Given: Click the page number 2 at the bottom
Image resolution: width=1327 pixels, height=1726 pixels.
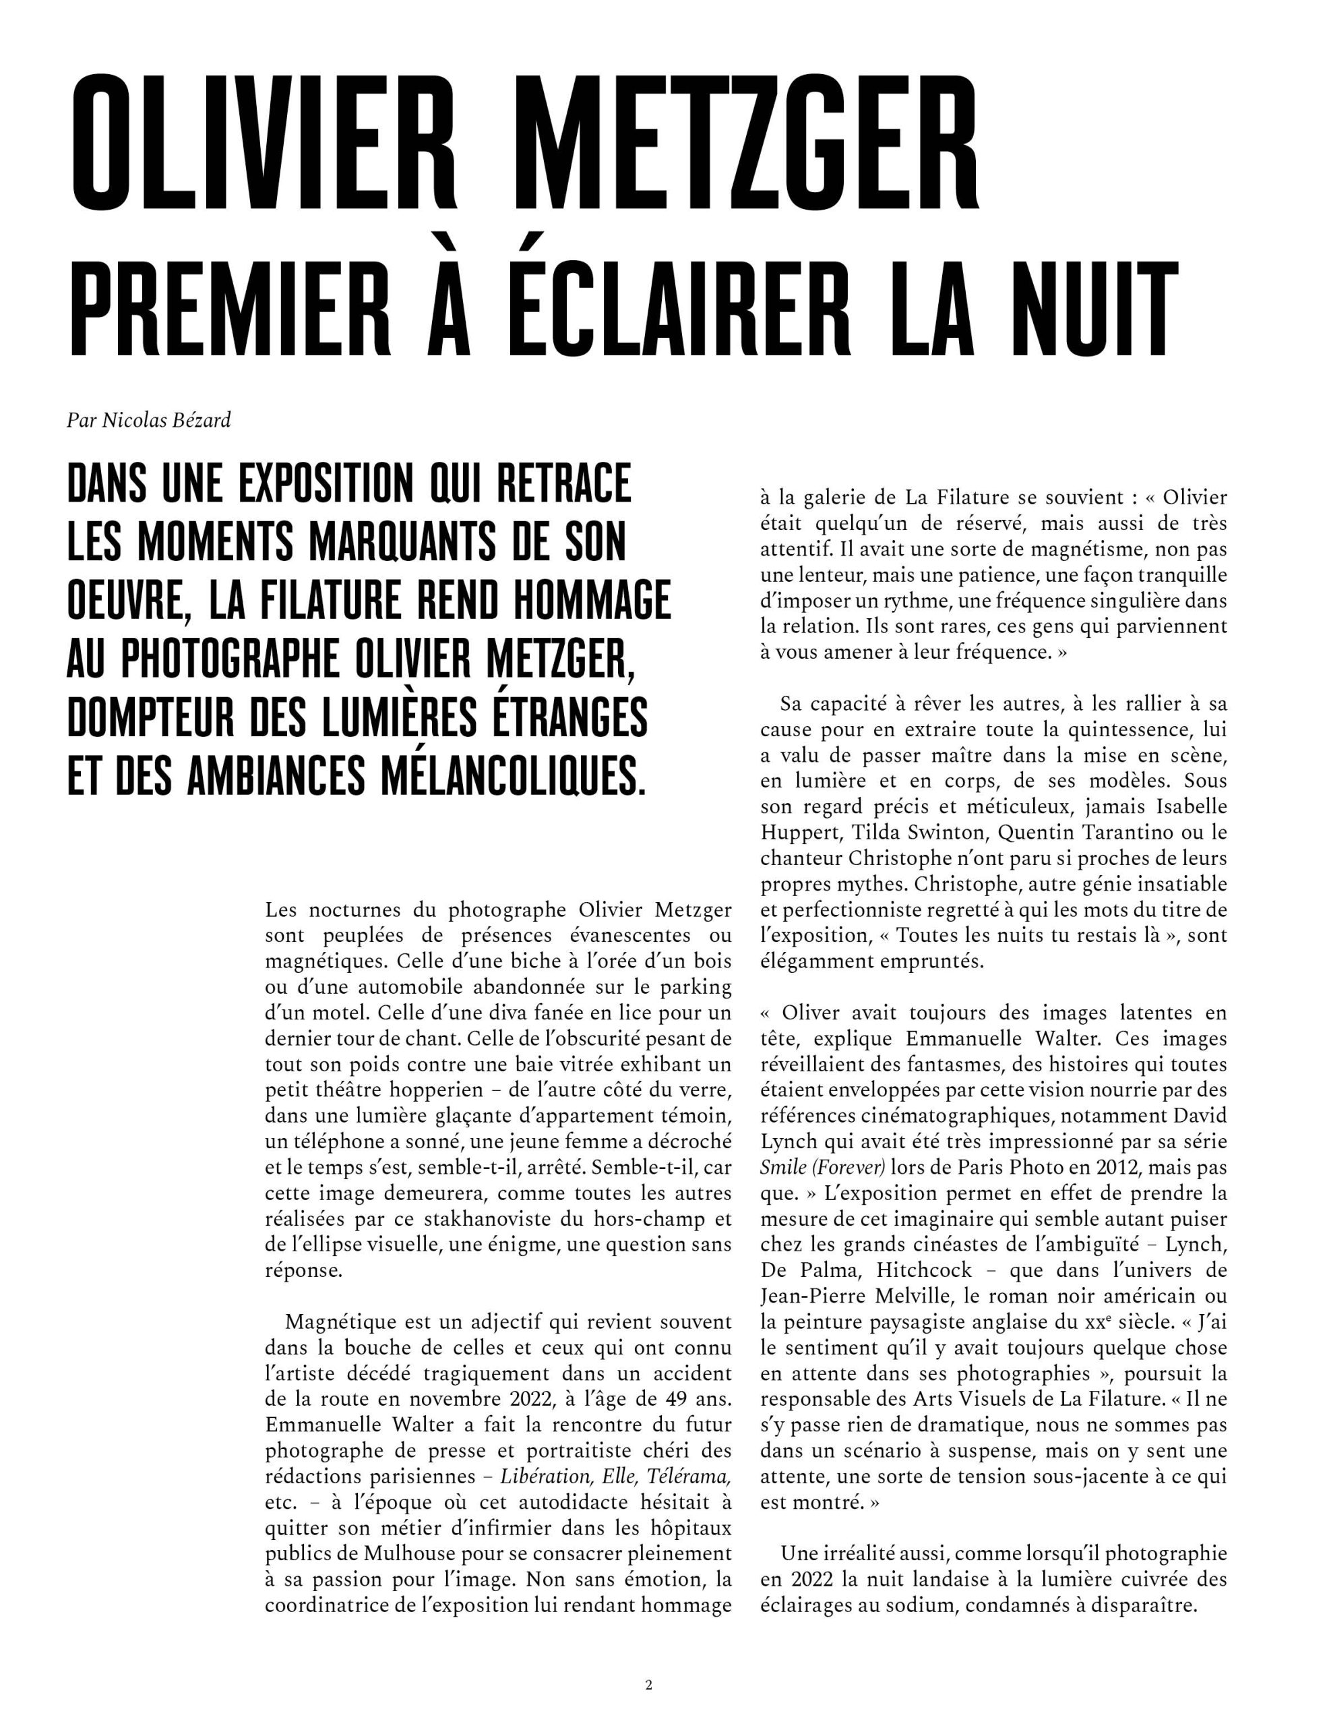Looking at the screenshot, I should point(648,1685).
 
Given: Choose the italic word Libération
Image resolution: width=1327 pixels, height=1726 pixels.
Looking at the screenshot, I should point(547,1475).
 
